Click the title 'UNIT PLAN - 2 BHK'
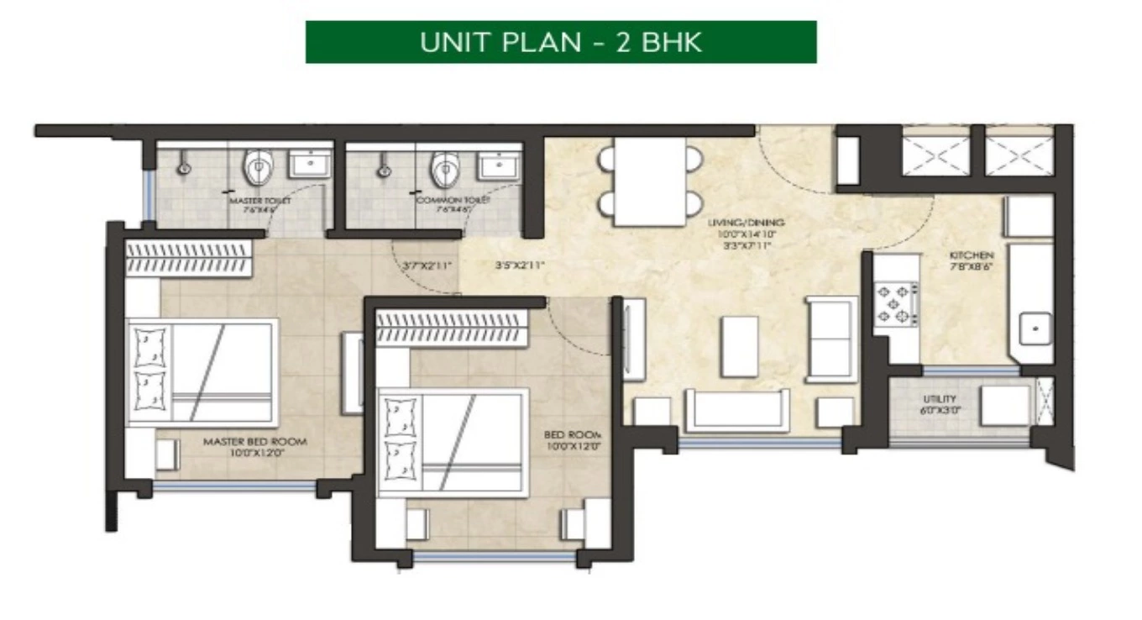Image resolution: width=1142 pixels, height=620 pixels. pyautogui.click(x=561, y=42)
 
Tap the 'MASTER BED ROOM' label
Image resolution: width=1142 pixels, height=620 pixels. pyautogui.click(x=255, y=442)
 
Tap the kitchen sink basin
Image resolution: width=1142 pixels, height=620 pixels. pyautogui.click(x=1035, y=327)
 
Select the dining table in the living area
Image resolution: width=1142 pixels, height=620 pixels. pyautogui.click(x=649, y=181)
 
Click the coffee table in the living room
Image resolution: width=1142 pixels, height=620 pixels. pyautogui.click(x=739, y=346)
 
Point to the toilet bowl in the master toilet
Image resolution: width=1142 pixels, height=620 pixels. pyautogui.click(x=258, y=168)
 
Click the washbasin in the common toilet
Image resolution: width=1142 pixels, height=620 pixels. pyautogui.click(x=499, y=165)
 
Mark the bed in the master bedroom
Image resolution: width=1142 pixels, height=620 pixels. pyautogui.click(x=202, y=372)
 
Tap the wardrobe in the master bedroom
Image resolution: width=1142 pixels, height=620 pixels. pyautogui.click(x=189, y=258)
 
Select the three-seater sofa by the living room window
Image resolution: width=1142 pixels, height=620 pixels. pyautogui.click(x=736, y=411)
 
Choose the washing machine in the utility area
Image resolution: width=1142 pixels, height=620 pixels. pyautogui.click(x=1004, y=406)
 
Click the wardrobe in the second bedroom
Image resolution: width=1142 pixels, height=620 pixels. pyautogui.click(x=451, y=328)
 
